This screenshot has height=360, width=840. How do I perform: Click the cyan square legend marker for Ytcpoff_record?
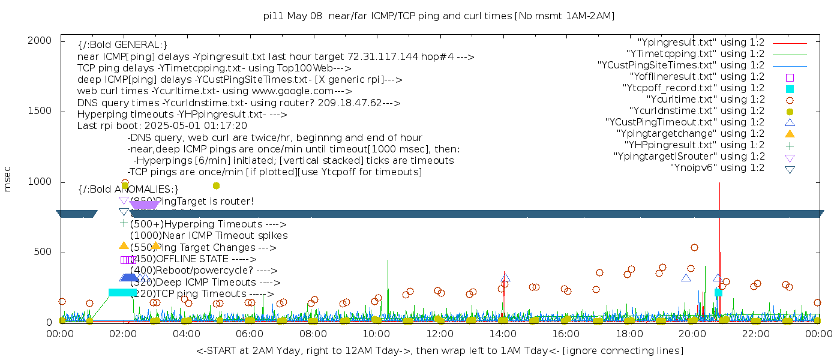coord(790,89)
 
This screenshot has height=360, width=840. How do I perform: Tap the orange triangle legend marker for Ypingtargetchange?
coord(790,134)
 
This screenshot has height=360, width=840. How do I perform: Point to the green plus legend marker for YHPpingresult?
coord(790,145)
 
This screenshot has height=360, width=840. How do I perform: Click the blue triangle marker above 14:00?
coord(505,277)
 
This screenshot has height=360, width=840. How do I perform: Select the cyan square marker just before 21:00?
coord(718,292)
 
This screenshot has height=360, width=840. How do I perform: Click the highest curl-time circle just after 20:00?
coord(694,247)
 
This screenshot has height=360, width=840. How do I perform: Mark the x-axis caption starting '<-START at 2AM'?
coord(439,350)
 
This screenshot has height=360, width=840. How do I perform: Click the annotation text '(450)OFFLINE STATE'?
coord(179,259)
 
